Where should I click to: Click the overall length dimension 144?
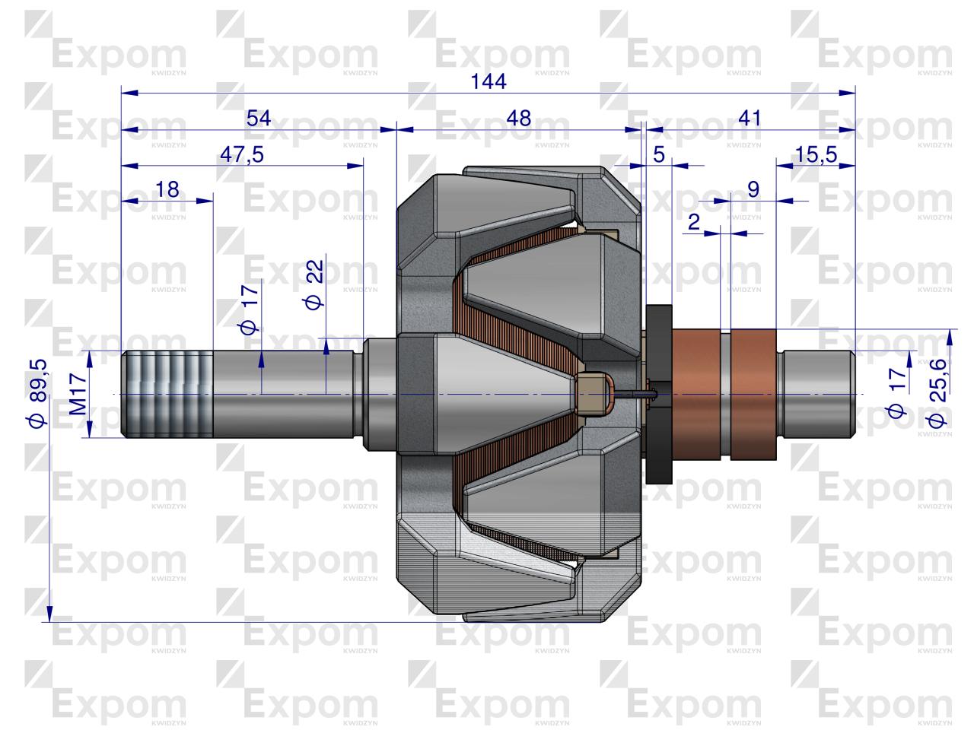pyautogui.click(x=488, y=81)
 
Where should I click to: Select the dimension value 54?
pyautogui.click(x=259, y=119)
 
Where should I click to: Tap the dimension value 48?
pyautogui.click(x=519, y=119)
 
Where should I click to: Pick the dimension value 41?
pyautogui.click(x=750, y=119)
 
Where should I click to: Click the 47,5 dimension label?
pyautogui.click(x=242, y=154)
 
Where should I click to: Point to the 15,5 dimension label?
pyautogui.click(x=816, y=154)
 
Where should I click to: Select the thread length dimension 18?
pyautogui.click(x=167, y=189)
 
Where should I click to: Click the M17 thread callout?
pyautogui.click(x=78, y=394)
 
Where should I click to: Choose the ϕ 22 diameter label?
pyautogui.click(x=314, y=284)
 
